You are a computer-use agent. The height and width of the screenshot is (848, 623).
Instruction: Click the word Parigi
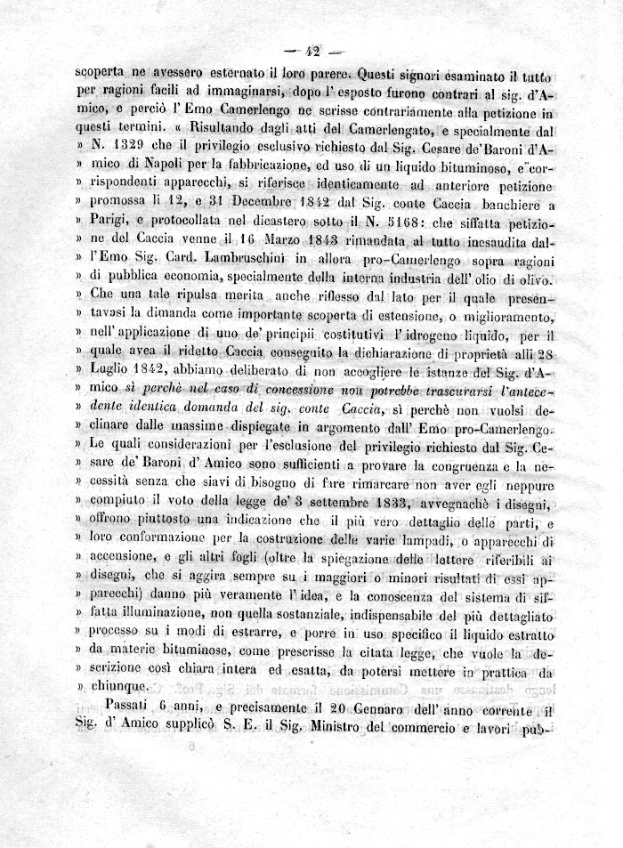(x=108, y=226)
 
